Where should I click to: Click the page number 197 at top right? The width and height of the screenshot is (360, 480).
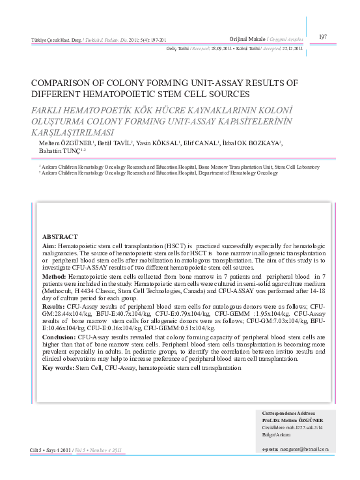[323, 36]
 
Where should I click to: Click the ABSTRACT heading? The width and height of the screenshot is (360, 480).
[60, 236]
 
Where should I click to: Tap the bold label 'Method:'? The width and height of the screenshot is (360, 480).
[55, 277]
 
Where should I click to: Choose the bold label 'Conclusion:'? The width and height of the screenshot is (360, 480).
[59, 338]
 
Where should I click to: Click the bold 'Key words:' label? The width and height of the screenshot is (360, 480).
[59, 368]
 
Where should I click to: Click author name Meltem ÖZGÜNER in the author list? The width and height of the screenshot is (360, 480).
[57, 143]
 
